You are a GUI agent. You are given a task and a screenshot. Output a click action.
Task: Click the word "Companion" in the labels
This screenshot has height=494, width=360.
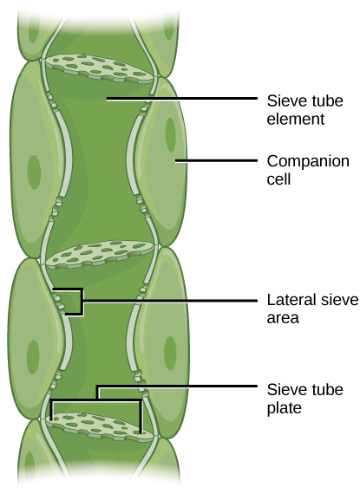tap(295, 161)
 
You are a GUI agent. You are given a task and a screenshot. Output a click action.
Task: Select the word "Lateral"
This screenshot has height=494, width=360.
tap(287, 301)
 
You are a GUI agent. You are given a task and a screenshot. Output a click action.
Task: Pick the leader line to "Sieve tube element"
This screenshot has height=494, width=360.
tap(182, 100)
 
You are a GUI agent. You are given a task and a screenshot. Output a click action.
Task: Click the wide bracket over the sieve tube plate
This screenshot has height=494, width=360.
tap(96, 400)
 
